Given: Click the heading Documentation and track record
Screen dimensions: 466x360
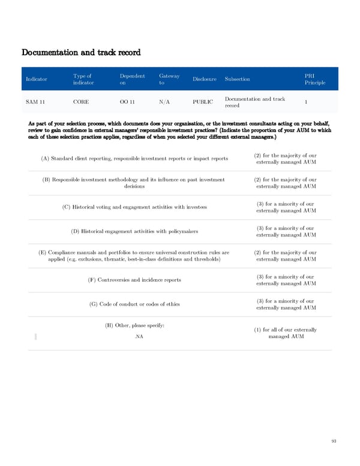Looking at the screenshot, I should pos(81,52).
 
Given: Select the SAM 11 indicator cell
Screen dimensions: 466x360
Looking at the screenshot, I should pos(35,102).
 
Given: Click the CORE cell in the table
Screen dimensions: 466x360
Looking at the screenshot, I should pos(81,102).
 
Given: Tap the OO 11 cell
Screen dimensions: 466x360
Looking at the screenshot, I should pos(127,102).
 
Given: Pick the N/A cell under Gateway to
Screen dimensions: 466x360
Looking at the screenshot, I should pos(165,102).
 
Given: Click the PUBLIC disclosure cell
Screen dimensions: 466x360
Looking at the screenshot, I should pos(203,102).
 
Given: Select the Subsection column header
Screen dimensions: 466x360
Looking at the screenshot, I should pos(238,79).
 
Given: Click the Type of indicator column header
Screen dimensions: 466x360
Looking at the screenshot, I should pos(83,79).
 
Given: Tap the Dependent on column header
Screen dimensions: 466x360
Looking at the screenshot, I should pos(132,79).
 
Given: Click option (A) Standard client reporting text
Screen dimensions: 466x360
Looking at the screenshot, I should pos(134,159).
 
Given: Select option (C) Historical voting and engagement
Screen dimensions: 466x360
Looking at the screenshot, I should pos(134,207).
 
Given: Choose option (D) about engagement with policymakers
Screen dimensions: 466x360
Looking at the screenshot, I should pos(134,231).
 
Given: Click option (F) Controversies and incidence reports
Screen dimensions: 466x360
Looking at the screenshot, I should pos(134,280).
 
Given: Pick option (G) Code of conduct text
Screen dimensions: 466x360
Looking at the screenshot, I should pos(134,304).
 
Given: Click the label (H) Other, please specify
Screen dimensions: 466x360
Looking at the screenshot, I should pos(134,325).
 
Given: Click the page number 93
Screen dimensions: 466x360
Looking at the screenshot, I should pos(334,441).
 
